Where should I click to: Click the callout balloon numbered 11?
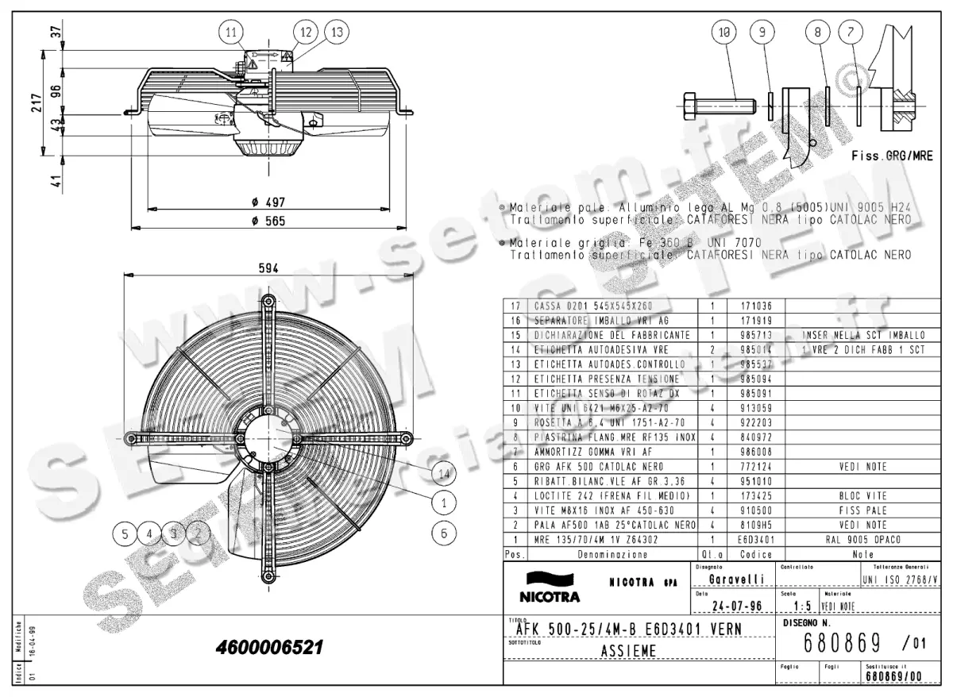click(231, 33)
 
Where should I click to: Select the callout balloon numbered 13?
click(337, 33)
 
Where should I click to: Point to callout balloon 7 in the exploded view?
click(851, 33)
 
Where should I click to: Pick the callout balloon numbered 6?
click(444, 533)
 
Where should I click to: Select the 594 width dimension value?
click(268, 269)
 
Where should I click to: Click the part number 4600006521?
click(269, 648)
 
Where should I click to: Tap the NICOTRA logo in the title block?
click(550, 587)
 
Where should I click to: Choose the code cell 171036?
click(755, 305)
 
